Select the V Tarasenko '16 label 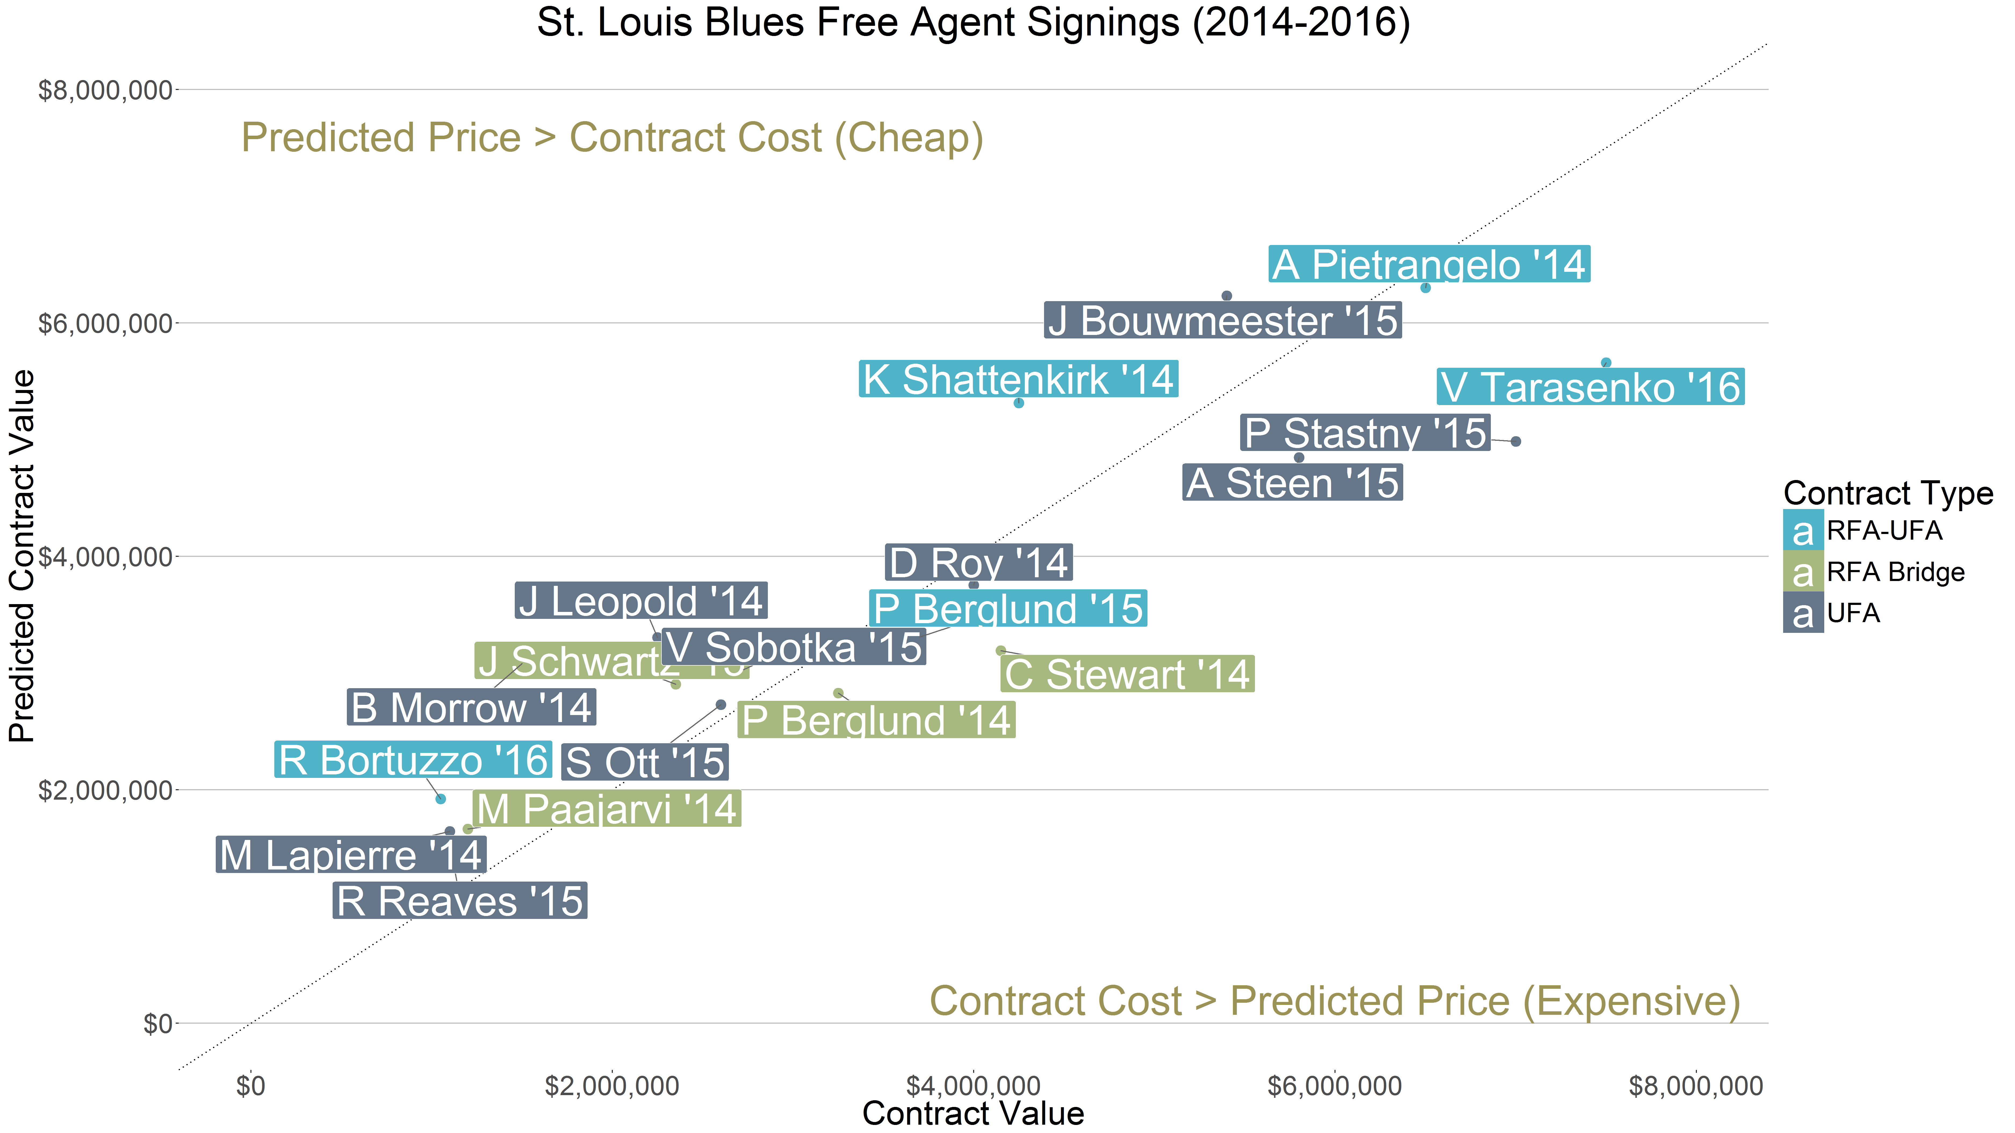[1590, 387]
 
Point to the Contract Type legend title [1887, 493]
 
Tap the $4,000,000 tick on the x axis [973, 1086]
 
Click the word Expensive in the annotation [1631, 1002]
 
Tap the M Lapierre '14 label [350, 855]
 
